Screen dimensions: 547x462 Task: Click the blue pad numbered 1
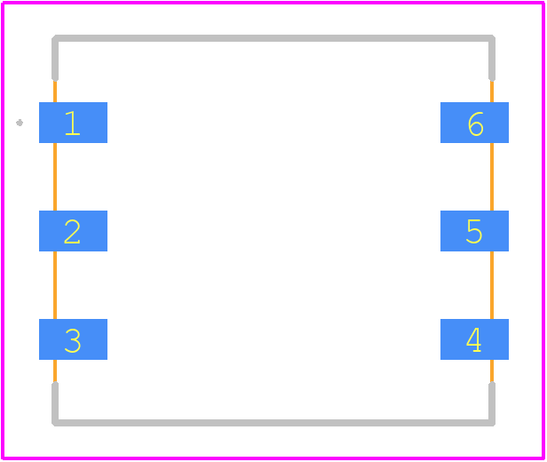click(73, 123)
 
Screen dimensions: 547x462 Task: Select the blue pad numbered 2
click(73, 231)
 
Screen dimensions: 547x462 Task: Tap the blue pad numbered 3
click(73, 339)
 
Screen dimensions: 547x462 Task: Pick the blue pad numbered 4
click(474, 339)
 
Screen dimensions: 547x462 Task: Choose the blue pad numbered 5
click(474, 231)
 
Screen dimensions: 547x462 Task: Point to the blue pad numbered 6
click(474, 123)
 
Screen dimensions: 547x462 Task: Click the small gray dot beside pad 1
click(20, 123)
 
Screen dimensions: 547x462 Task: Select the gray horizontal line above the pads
click(273, 38)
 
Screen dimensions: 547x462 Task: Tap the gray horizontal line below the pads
click(273, 423)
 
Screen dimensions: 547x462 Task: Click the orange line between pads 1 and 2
click(55, 177)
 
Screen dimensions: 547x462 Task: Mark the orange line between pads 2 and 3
click(55, 285)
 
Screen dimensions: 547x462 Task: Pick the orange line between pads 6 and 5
click(492, 177)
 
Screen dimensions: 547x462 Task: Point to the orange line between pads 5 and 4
click(492, 285)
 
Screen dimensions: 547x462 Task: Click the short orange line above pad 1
click(55, 92)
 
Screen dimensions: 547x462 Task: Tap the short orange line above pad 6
click(492, 92)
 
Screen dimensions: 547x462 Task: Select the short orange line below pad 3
click(55, 371)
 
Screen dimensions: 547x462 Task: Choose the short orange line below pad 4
click(492, 371)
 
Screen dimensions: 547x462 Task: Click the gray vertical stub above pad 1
click(55, 59)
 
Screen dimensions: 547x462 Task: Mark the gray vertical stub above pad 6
click(492, 59)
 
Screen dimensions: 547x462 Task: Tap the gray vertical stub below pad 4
click(492, 404)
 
